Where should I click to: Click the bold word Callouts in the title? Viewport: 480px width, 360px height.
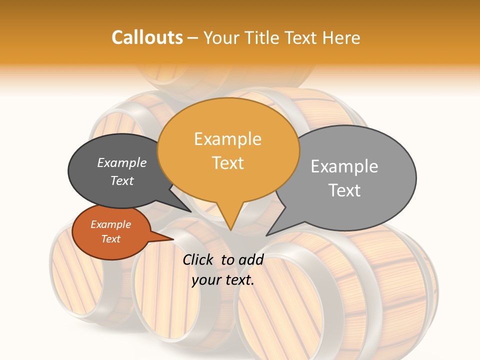[147, 38]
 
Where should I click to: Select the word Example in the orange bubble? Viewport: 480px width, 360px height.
[227, 139]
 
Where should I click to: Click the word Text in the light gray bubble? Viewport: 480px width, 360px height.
[344, 190]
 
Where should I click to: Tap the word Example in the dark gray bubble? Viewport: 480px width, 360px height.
[122, 163]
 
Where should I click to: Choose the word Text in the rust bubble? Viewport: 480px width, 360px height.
[110, 239]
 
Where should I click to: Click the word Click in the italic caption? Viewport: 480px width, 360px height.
[198, 259]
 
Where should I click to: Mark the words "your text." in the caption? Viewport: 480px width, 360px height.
[223, 280]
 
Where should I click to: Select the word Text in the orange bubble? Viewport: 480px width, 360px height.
[227, 163]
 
